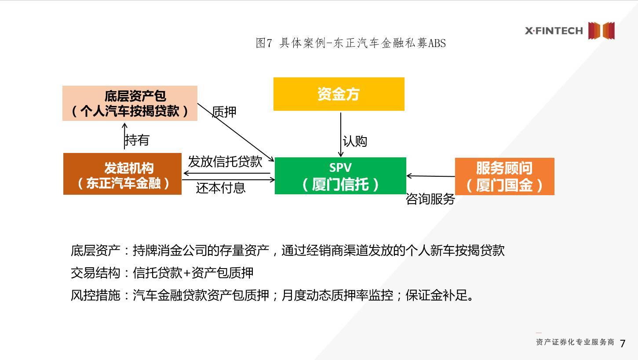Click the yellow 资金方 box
pos(339,94)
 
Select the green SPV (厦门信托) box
pos(340,176)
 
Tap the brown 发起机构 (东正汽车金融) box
pos(122,174)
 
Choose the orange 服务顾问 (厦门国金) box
pos(504,176)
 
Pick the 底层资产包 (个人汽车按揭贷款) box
pos(130,103)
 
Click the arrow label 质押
pos(224,112)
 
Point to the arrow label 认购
pos(355,141)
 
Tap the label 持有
pos(137,140)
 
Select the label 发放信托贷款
pos(225,161)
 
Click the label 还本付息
pos(220,188)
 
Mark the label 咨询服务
pos(430,199)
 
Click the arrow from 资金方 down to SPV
pos(341,134)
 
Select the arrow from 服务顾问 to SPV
pos(430,176)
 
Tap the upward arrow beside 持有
pos(125,136)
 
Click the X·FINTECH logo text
pos(554,31)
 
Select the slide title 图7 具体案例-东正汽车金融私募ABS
pos(350,43)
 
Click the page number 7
pos(622,343)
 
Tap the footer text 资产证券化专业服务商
pos(575,342)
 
